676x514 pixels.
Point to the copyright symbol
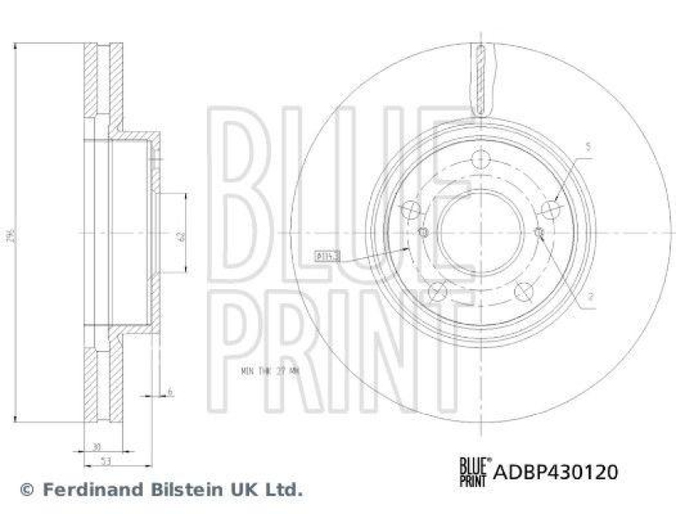coord(26,489)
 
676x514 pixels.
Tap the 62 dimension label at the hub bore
coord(180,236)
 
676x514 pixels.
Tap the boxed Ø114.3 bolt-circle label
coord(327,254)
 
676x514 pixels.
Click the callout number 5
coord(588,147)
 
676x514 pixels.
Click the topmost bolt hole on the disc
coord(481,159)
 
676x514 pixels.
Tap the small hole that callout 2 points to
coord(539,232)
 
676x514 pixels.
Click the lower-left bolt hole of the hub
coord(437,290)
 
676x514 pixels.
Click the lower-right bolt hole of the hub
coord(525,290)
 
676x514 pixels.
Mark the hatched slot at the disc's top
coord(480,80)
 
